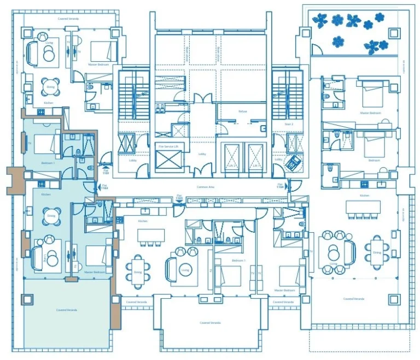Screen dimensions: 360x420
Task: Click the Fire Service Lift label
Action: pos(169,146)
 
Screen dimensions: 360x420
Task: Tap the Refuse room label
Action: pos(242,111)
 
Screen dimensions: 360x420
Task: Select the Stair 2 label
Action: pos(281,124)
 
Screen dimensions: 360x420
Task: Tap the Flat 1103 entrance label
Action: pos(179,197)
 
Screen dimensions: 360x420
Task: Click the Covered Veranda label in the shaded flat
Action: pos(67,310)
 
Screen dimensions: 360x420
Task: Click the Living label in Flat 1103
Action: pos(185,270)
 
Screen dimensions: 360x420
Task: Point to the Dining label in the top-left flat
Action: pos(50,87)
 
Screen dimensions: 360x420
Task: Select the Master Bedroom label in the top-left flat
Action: pos(98,65)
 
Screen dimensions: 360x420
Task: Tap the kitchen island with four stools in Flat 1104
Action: pos(363,207)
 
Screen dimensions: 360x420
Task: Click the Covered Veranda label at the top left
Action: pos(68,19)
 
